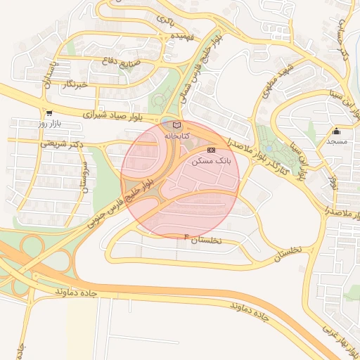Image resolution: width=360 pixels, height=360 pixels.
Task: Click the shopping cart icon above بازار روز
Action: click(x=49, y=113)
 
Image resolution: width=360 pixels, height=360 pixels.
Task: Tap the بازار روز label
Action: click(x=50, y=124)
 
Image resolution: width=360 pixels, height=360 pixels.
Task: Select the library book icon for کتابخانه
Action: click(x=176, y=124)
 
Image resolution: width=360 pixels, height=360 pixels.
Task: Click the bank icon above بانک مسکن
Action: click(x=211, y=150)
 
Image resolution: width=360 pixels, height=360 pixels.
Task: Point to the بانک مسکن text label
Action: click(x=211, y=161)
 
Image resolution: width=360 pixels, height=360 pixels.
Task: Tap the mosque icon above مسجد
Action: click(x=336, y=131)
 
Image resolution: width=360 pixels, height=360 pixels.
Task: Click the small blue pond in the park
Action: click(x=269, y=148)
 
